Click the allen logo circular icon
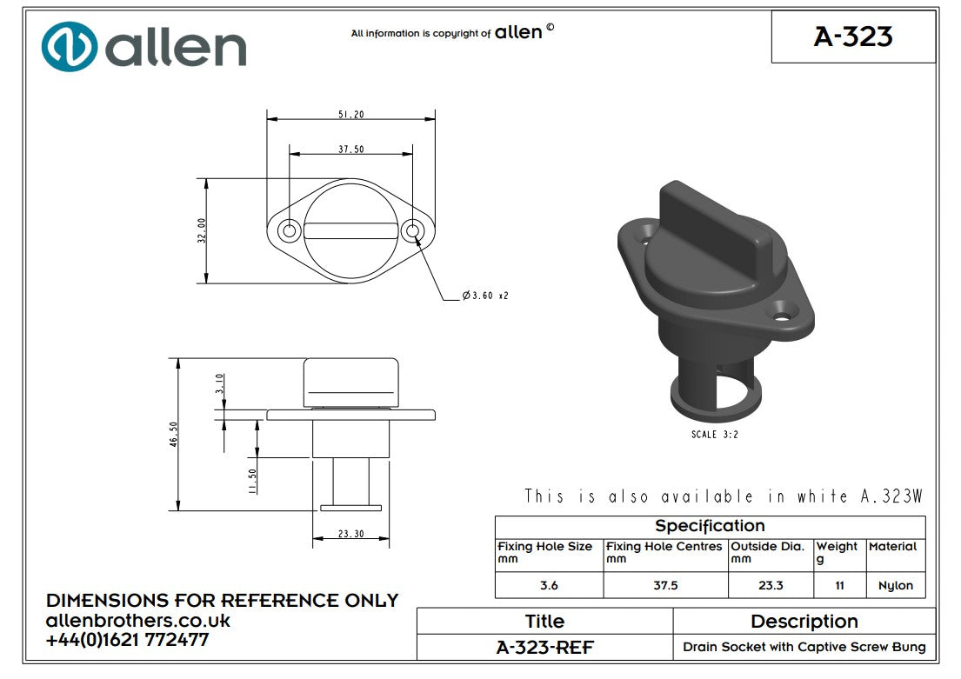tap(70, 46)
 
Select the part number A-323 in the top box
tap(852, 37)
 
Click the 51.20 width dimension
tap(350, 114)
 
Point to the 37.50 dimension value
tap(350, 150)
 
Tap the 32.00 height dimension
tap(202, 230)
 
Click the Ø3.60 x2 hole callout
tap(484, 296)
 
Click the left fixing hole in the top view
tap(290, 230)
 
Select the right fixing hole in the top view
tap(413, 230)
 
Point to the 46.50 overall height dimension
tap(174, 434)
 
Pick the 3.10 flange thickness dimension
tap(219, 383)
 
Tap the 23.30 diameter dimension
tap(350, 534)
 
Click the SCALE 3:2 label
tap(715, 435)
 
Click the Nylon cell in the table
tap(895, 585)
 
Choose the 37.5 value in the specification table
tap(665, 585)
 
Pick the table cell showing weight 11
tap(839, 585)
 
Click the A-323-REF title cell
tap(544, 647)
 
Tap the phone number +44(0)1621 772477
tap(127, 640)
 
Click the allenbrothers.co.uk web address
tap(137, 621)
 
